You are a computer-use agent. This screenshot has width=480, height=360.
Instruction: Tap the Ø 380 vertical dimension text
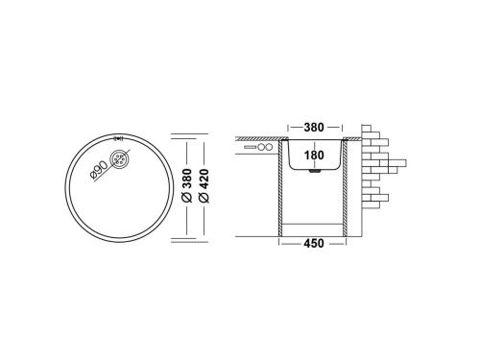185,182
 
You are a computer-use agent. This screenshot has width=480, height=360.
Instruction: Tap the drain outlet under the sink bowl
314,174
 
